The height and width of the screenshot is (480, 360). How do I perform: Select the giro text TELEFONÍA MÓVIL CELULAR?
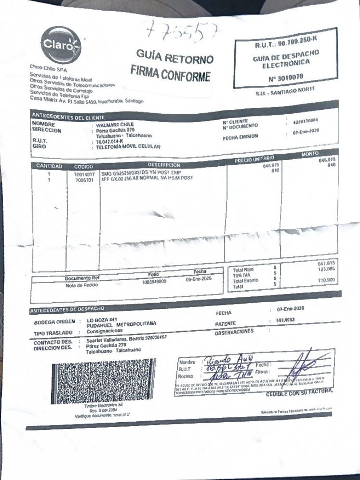click(x=128, y=147)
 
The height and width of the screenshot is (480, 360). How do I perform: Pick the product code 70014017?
click(x=84, y=175)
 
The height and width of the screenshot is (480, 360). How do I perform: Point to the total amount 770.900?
click(x=326, y=280)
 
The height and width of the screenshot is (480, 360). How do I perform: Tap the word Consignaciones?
click(x=104, y=332)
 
